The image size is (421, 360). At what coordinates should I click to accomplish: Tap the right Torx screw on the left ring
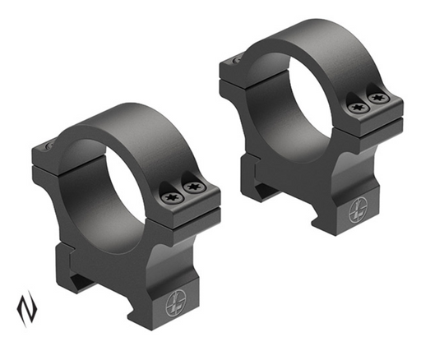click(194, 187)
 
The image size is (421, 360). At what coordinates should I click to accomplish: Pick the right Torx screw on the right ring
click(377, 99)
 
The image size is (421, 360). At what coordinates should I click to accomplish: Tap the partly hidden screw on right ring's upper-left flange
click(237, 59)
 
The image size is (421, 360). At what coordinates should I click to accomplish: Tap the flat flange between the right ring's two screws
click(368, 103)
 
